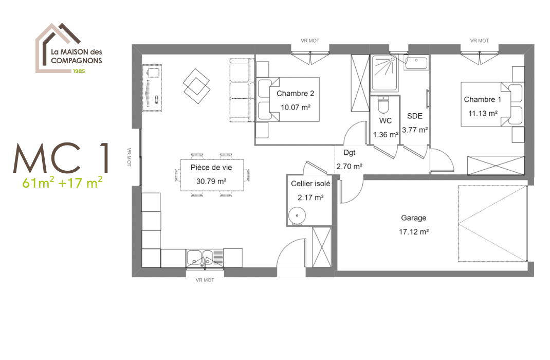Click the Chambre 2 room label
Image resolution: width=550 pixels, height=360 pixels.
pos(295,94)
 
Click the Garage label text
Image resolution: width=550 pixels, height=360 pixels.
pos(414,218)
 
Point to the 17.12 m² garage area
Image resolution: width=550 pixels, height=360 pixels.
pos(414,232)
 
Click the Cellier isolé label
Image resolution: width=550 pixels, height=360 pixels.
pos(310,184)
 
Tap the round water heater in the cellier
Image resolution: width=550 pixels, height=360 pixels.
pos(296,216)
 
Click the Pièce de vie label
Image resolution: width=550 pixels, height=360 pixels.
pos(211,168)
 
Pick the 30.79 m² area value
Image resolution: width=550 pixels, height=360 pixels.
pos(211,181)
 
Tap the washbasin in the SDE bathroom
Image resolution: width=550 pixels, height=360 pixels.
pos(416,63)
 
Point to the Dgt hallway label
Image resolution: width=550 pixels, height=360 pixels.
pos(349,153)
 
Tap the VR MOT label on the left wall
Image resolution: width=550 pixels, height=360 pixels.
pos(130,158)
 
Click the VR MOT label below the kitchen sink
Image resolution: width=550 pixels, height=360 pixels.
pos(205,280)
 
